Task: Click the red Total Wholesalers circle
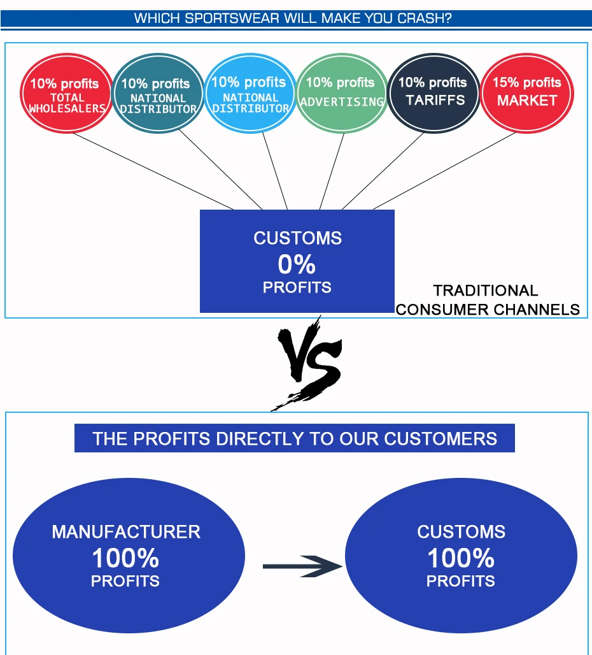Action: pyautogui.click(x=66, y=94)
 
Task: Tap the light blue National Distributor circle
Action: pyautogui.click(x=250, y=94)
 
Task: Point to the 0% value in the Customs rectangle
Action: pyautogui.click(x=297, y=264)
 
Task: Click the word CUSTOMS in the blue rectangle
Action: pyautogui.click(x=297, y=238)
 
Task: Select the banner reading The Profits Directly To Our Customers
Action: pyautogui.click(x=294, y=439)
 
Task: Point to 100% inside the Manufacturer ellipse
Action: pyautogui.click(x=125, y=558)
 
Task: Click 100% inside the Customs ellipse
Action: pyautogui.click(x=460, y=558)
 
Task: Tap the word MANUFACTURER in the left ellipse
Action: pyautogui.click(x=126, y=532)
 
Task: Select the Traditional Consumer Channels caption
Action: pyautogui.click(x=487, y=300)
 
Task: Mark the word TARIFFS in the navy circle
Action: pyautogui.click(x=435, y=100)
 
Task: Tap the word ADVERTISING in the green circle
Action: pyautogui.click(x=342, y=102)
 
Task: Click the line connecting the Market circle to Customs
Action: pyautogui.click(x=446, y=171)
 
